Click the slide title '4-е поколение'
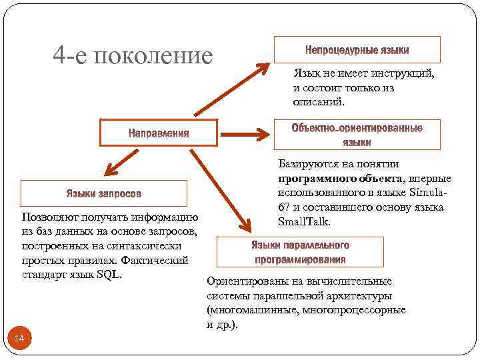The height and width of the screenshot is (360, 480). point(133,56)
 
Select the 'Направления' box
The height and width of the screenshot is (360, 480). point(159,133)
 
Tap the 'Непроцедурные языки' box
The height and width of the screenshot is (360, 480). point(357,50)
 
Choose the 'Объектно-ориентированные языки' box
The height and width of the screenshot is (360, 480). point(357,134)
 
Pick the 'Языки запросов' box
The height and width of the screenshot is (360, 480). point(103,193)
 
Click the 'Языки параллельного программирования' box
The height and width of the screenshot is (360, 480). point(300,252)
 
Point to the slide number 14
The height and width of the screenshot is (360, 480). point(19,339)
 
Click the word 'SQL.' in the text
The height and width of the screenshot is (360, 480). point(109,274)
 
